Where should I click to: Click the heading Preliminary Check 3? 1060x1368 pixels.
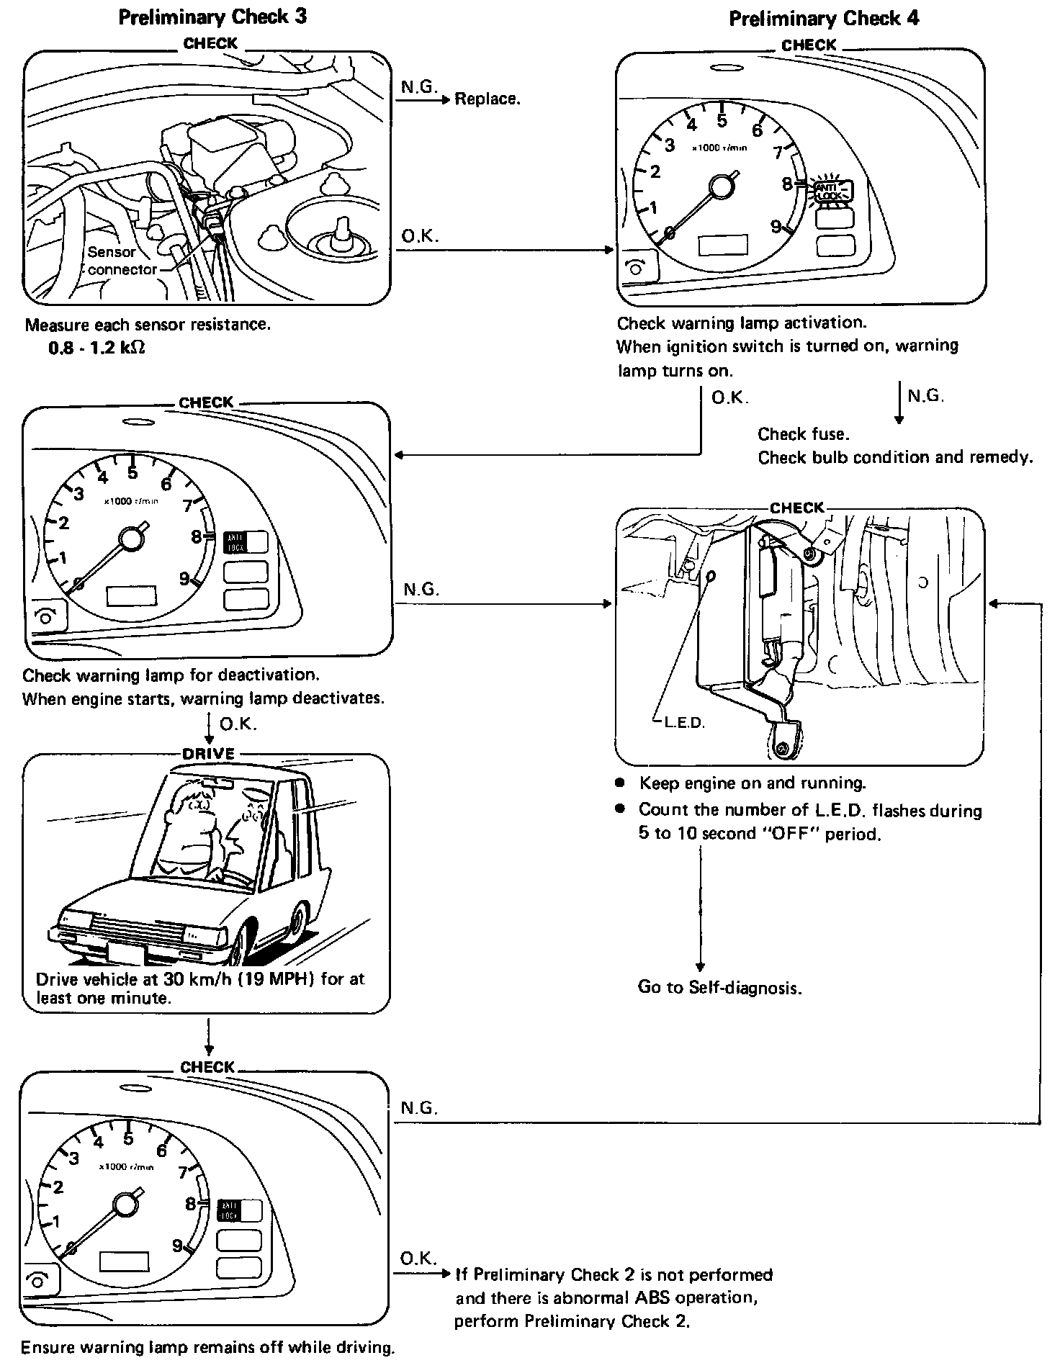(x=212, y=17)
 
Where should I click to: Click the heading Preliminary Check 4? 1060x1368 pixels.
(x=824, y=18)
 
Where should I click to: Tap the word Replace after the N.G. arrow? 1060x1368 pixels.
(x=486, y=99)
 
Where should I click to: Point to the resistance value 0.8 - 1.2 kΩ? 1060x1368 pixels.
(x=96, y=347)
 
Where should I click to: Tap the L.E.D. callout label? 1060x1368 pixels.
(x=683, y=722)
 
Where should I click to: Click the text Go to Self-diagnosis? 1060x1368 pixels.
(x=719, y=986)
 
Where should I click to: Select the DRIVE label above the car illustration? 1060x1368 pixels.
(x=208, y=754)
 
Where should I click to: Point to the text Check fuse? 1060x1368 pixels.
(x=803, y=434)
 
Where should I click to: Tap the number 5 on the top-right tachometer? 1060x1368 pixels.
(x=722, y=120)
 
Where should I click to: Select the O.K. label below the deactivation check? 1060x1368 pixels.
(x=238, y=724)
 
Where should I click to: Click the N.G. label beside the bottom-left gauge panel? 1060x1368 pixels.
(x=418, y=1107)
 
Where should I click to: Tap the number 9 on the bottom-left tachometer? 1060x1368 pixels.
(x=177, y=1245)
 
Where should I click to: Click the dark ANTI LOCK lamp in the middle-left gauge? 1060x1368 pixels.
(x=235, y=542)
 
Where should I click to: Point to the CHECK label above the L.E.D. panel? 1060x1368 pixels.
(x=796, y=508)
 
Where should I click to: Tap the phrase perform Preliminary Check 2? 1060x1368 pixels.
(x=571, y=1321)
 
